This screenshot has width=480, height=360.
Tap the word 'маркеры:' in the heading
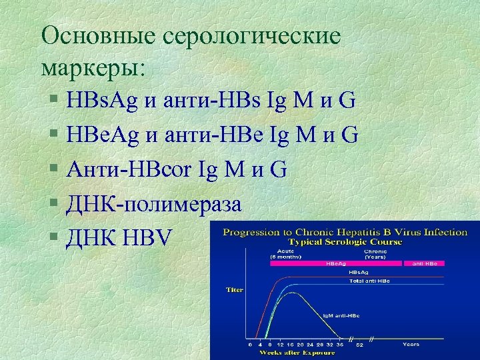96,67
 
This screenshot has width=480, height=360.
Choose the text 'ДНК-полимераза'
153,203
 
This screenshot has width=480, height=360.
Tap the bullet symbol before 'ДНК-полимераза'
53,204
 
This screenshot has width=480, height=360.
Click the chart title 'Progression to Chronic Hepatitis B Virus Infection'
345,232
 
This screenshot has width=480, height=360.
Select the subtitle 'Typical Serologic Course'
345,241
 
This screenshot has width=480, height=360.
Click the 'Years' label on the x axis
411,345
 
